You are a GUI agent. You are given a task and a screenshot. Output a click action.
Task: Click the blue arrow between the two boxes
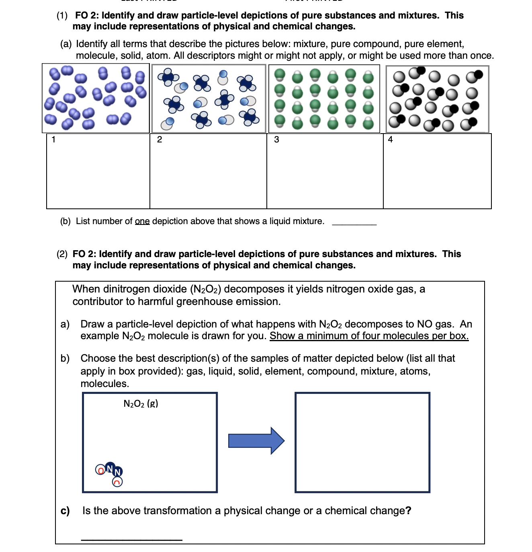tap(256, 441)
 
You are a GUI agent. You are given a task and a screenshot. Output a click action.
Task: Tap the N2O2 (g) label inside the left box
tap(141, 404)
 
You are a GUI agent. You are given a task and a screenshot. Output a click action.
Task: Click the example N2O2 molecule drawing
tap(109, 473)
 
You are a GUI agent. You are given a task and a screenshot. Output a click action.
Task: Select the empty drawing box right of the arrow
tap(362, 442)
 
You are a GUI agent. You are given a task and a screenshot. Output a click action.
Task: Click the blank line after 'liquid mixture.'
tap(354, 222)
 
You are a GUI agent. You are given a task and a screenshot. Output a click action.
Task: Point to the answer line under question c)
tap(131, 538)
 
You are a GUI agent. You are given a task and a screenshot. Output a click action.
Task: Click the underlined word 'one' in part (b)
tap(142, 221)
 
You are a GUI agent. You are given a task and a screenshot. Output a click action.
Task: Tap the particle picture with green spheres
tap(324, 99)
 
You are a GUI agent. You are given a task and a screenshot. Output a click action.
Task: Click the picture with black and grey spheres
tap(437, 99)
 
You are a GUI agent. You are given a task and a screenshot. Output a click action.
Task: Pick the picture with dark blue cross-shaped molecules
tap(209, 99)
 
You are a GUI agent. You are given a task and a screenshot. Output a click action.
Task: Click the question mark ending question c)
tap(408, 511)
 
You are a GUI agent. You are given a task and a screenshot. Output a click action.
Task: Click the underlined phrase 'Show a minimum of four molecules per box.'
tap(369, 336)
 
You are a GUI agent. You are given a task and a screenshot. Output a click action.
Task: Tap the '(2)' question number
tap(62, 254)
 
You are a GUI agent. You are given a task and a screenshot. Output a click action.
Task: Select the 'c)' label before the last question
tap(65, 511)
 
